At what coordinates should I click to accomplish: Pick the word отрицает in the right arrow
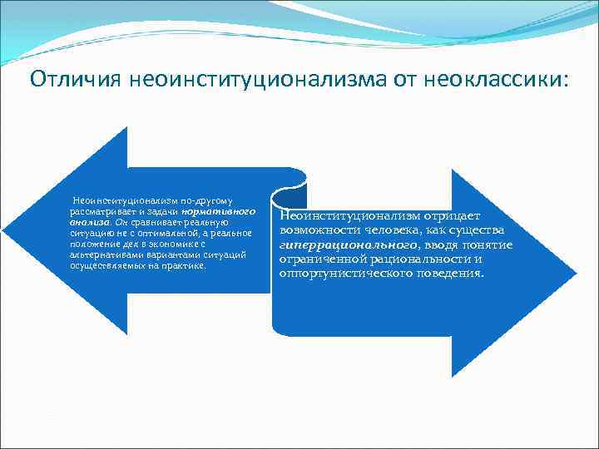[x=450, y=215]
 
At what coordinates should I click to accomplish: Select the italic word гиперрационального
[x=348, y=244]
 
